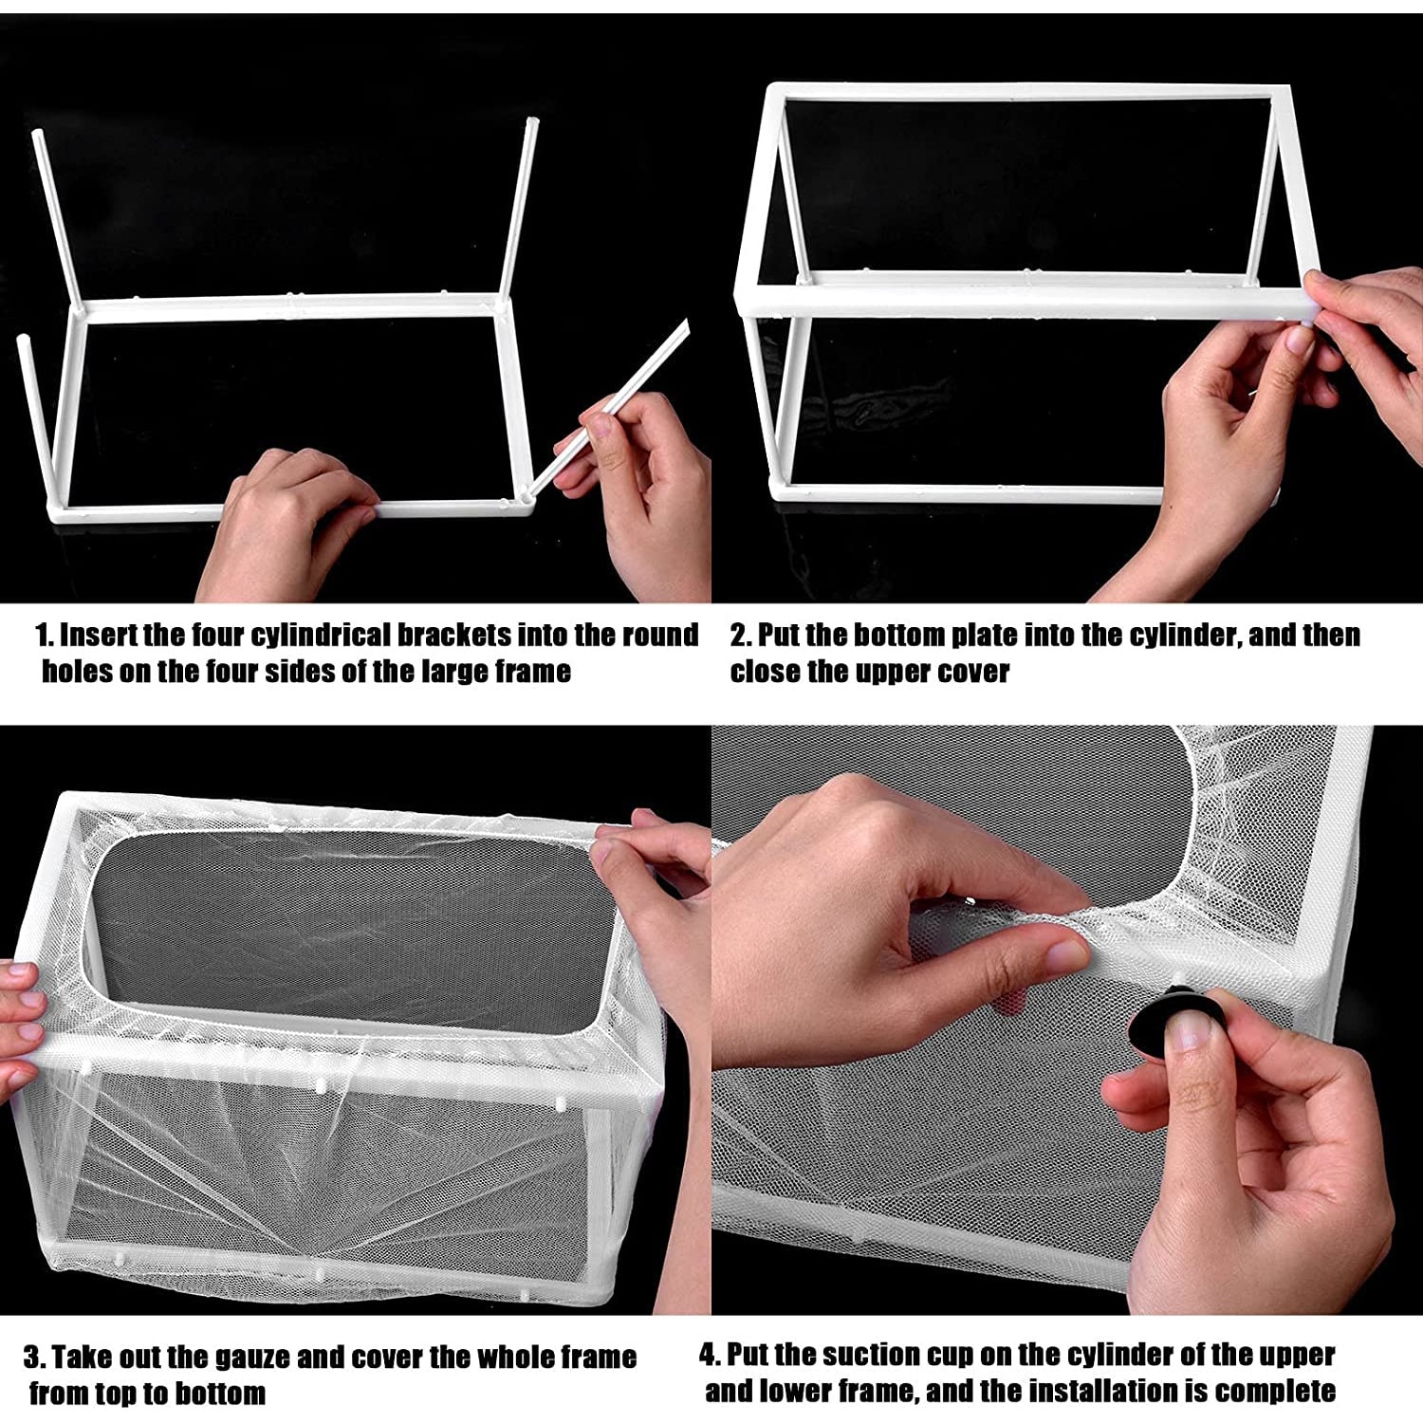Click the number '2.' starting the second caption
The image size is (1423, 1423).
click(740, 635)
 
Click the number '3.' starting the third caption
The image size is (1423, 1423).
click(34, 1358)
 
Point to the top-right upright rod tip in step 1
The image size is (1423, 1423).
click(532, 122)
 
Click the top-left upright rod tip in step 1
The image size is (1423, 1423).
click(38, 135)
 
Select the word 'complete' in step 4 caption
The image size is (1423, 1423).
click(1275, 1392)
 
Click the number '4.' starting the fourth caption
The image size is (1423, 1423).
click(711, 1355)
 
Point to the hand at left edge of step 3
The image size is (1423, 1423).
click(19, 1025)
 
